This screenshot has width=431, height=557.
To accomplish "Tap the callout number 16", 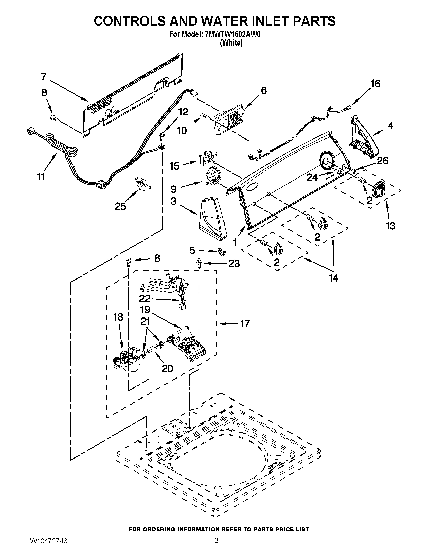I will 375,84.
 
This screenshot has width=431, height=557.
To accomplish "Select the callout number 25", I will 120,206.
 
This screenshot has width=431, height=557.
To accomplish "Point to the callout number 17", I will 245,323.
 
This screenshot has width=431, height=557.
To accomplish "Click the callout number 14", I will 333,278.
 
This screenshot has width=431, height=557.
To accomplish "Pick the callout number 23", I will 234,264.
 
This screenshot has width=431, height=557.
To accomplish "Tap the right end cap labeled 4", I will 363,136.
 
